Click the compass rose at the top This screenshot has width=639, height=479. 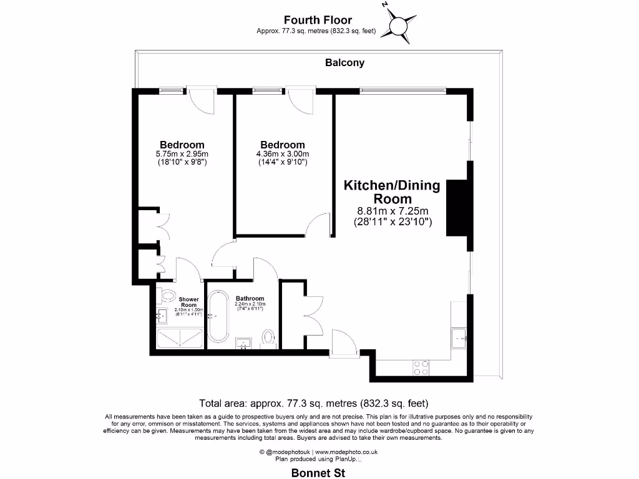point(398,26)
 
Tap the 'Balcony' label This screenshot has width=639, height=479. point(344,62)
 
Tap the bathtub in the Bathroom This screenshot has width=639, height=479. point(218,317)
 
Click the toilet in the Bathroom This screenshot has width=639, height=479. point(269,337)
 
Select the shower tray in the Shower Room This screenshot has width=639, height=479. point(179,337)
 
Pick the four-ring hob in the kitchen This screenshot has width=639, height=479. point(421,368)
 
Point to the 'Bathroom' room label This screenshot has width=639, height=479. point(250,298)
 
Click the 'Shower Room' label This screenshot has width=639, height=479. point(188,302)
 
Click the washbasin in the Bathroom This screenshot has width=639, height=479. point(243,342)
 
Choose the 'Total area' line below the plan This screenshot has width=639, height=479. point(313,402)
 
